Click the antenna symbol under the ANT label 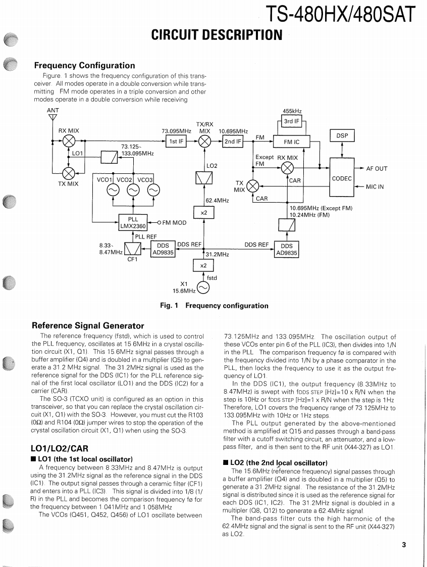click(52, 118)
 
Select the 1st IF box click(176, 141)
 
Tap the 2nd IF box click(232, 141)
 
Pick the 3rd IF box click(292, 121)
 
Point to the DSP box click(342, 135)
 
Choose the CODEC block click(342, 178)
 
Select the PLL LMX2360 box click(133, 223)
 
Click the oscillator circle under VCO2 click(133, 190)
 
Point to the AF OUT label click(377, 169)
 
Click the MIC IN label click(375, 187)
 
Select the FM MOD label click(174, 222)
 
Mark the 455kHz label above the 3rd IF click(292, 111)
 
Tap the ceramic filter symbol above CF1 click(132, 249)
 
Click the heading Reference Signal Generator click(87, 325)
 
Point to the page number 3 click(404, 545)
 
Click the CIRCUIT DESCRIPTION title click(217, 35)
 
